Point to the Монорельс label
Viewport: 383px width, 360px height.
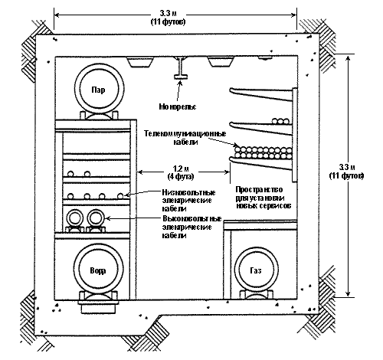coord(178,106)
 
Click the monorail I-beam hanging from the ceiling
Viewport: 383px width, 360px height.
coord(181,67)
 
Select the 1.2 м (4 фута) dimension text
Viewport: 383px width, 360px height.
coord(181,172)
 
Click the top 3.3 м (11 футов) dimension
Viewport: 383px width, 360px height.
coord(169,18)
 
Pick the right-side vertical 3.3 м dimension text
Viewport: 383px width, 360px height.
coord(346,172)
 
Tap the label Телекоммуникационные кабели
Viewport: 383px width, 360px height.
coord(185,138)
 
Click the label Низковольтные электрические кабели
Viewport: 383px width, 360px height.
coord(189,201)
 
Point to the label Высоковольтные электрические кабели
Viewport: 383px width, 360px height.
coord(192,227)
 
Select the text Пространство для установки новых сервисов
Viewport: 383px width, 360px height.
coord(263,198)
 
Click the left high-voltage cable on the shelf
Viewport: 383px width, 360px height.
coord(75,218)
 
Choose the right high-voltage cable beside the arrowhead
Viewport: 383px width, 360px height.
coord(96,218)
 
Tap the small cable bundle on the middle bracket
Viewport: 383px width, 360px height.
coord(280,121)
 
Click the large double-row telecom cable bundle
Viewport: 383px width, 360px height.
coord(263,152)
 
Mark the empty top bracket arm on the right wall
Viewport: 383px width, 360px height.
coord(261,93)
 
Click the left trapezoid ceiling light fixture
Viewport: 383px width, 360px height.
coord(140,62)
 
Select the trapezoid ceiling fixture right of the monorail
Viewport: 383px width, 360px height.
coord(221,62)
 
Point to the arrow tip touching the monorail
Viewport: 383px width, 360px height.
coord(180,80)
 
